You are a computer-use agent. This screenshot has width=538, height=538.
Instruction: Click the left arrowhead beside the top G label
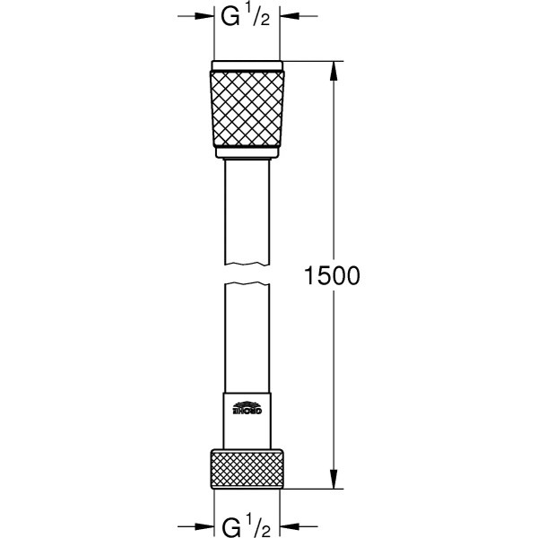205,16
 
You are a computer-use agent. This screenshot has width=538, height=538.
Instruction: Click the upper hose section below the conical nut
247,211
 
